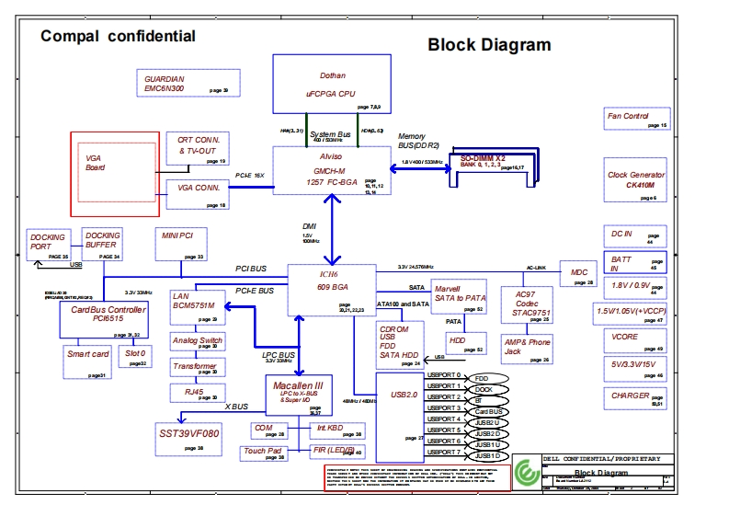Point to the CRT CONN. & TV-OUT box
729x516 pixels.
click(x=196, y=148)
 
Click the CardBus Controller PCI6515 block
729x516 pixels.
click(x=108, y=315)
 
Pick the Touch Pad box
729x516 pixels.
click(x=264, y=452)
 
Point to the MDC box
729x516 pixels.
click(x=579, y=273)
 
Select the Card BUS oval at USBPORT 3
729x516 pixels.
click(x=487, y=411)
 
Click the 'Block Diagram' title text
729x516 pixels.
click(x=489, y=44)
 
